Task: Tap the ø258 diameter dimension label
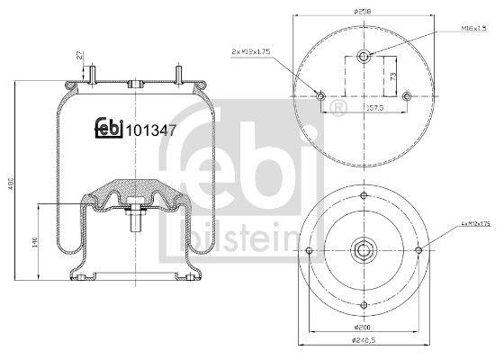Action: coord(364,11)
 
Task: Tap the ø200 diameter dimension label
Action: coord(364,328)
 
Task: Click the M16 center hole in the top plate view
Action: coord(364,58)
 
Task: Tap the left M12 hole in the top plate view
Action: coord(322,95)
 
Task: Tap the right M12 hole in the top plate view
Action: coord(407,95)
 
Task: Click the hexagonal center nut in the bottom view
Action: coord(364,249)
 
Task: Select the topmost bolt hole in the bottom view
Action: coord(364,196)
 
